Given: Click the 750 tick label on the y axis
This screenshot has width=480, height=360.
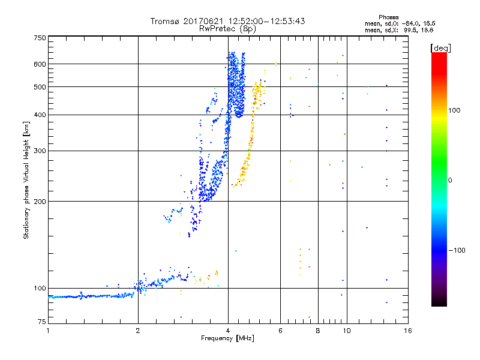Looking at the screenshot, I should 40,37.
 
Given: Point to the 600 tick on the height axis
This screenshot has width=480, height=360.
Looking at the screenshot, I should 40,64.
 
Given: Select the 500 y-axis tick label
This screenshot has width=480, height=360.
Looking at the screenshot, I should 40,86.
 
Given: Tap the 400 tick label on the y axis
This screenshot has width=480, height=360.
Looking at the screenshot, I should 40,115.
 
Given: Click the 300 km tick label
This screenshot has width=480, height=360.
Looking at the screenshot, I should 40,151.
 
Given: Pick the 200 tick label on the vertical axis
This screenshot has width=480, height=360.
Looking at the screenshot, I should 40,201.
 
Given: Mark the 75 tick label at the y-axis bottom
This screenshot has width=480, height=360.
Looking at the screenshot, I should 41,323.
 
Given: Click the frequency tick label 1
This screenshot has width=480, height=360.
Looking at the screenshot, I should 48,331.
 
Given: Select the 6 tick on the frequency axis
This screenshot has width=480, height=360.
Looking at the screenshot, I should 281,331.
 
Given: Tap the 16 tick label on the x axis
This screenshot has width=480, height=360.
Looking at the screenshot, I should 407,331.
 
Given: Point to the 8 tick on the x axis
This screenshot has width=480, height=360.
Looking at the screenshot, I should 318,331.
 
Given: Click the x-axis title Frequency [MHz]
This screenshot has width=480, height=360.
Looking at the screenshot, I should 227,338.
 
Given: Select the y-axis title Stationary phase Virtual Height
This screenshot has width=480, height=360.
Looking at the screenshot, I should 26,180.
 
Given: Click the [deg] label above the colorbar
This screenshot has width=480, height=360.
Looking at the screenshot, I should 440,47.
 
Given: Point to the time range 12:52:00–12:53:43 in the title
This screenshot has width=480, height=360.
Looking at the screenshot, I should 260,21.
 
